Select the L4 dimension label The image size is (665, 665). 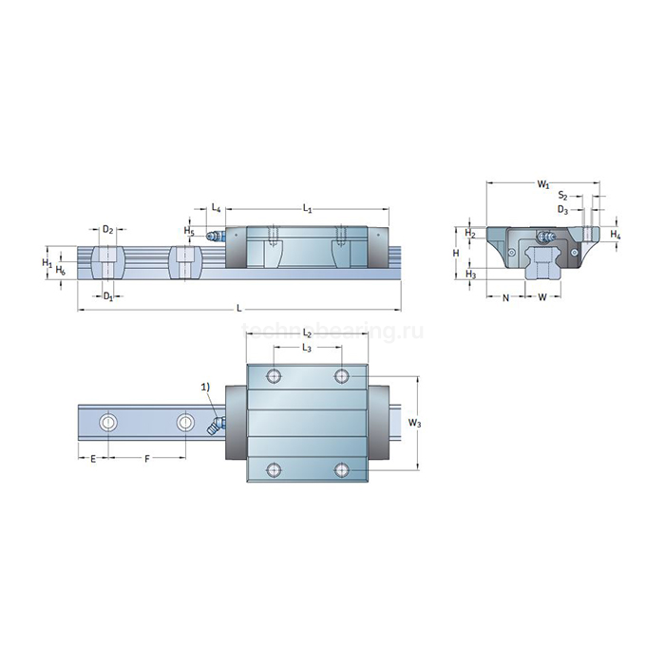click(x=217, y=207)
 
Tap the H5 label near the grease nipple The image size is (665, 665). click(x=189, y=231)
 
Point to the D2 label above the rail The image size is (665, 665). click(x=108, y=230)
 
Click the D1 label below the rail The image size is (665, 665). click(x=108, y=297)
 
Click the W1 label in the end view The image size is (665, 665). click(x=542, y=182)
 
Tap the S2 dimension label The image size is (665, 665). click(x=563, y=196)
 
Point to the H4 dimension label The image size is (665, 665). click(x=616, y=234)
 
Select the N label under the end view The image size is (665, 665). click(x=505, y=297)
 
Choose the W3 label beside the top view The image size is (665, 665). click(x=413, y=422)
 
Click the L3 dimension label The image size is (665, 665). click(x=307, y=349)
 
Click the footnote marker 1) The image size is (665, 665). click(x=205, y=387)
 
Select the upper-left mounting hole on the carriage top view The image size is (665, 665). click(x=275, y=376)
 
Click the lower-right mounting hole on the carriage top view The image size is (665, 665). click(x=342, y=469)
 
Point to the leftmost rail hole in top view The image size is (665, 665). click(x=109, y=422)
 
